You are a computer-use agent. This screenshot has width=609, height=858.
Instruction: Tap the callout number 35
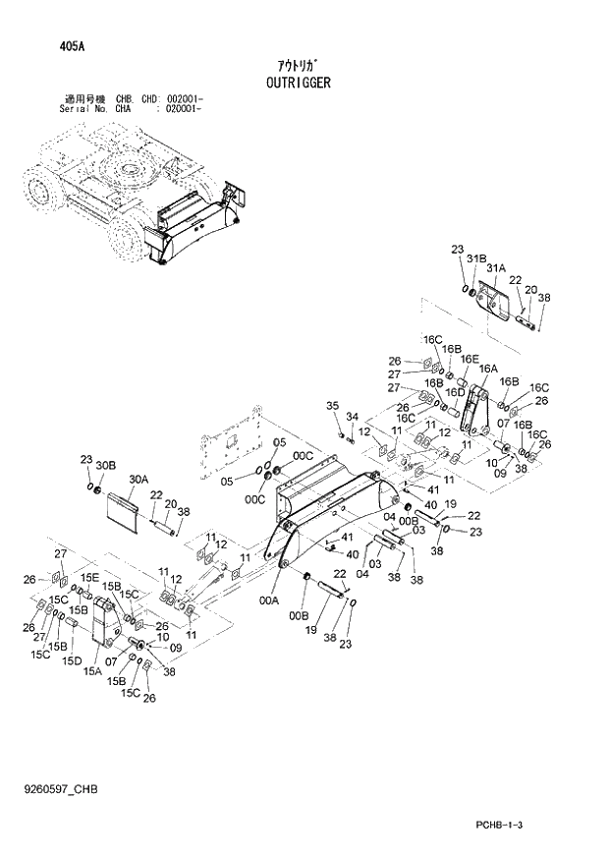point(332,406)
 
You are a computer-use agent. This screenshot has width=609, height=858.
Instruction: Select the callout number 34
point(351,417)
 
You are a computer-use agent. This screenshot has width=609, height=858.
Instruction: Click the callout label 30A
point(138,480)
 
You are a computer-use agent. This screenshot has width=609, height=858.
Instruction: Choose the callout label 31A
point(495,267)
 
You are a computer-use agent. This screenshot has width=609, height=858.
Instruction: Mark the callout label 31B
point(476,258)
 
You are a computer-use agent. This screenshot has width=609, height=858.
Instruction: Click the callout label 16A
point(488,370)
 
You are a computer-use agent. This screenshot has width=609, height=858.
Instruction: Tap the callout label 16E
point(470,360)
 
